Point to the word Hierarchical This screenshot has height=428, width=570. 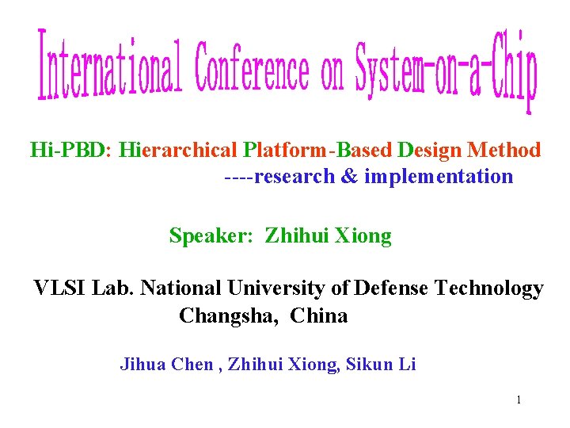tap(180, 150)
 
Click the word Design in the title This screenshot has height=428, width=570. tap(430, 150)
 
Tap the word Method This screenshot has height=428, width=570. tap(504, 150)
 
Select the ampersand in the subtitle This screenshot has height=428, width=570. tap(349, 177)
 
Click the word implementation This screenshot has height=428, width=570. tap(439, 177)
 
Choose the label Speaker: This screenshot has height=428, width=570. tap(211, 236)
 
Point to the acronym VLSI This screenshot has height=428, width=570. tap(60, 289)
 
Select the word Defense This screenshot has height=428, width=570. tap(392, 289)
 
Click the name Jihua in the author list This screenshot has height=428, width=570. tap(142, 365)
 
